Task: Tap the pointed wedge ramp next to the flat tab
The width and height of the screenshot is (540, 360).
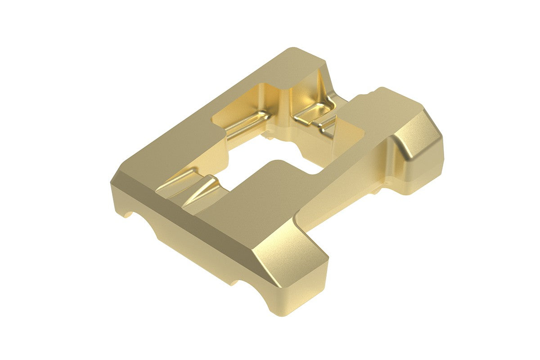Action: coord(202,189)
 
